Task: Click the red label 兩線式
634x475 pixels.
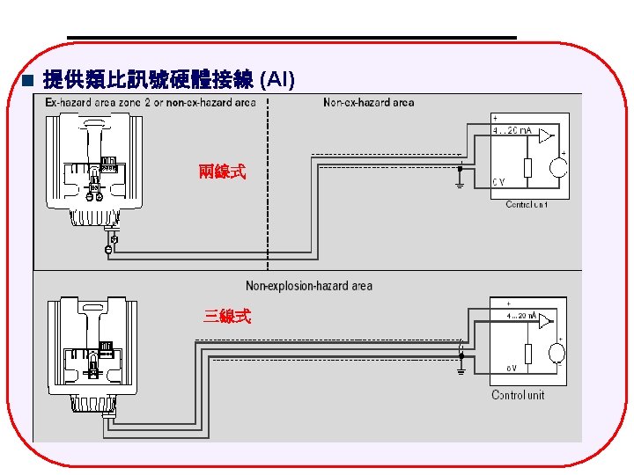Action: pos(221,172)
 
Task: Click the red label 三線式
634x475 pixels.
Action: pos(226,317)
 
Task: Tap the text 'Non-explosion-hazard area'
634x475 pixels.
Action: pos(308,285)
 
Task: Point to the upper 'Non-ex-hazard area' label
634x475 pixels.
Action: pos(368,103)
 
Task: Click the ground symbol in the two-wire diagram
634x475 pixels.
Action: pos(460,184)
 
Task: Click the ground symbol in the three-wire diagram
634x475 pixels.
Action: pos(461,370)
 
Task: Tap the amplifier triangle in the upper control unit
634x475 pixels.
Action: pos(547,135)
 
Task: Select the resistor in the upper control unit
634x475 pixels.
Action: pos(527,167)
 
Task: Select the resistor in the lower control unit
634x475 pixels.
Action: pos(527,354)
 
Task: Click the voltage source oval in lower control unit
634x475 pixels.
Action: pos(557,354)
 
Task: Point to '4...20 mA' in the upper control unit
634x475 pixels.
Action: pos(512,130)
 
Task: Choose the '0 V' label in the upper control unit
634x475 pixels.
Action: pos(498,183)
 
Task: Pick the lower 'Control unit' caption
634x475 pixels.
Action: pos(518,395)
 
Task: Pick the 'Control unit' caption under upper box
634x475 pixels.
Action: pos(527,205)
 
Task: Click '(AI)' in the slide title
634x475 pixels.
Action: pos(278,81)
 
